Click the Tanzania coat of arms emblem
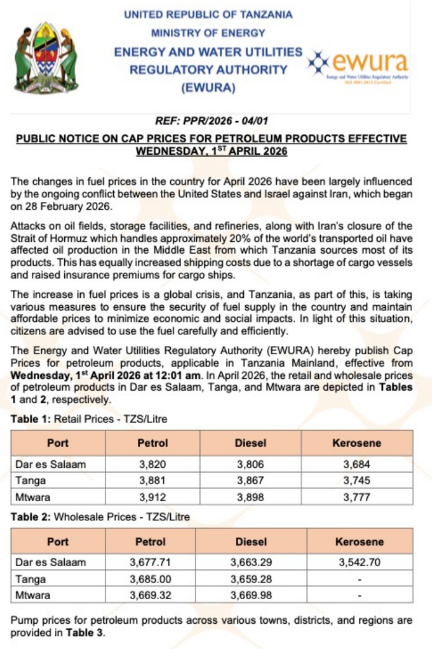point(46,57)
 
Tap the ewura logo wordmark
point(370,62)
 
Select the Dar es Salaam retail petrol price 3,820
point(153,464)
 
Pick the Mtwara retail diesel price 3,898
point(250,497)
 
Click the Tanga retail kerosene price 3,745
point(356,480)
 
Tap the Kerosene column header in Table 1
point(356,443)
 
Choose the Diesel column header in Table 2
point(251,542)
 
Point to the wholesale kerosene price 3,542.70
point(359,562)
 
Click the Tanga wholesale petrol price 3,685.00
point(150,579)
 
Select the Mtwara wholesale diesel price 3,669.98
point(251,595)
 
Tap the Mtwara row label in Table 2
point(33,595)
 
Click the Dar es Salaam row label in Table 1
point(50,464)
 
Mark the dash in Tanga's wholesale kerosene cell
point(359,579)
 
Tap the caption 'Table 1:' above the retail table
point(31,419)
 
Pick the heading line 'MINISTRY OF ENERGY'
point(208,33)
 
